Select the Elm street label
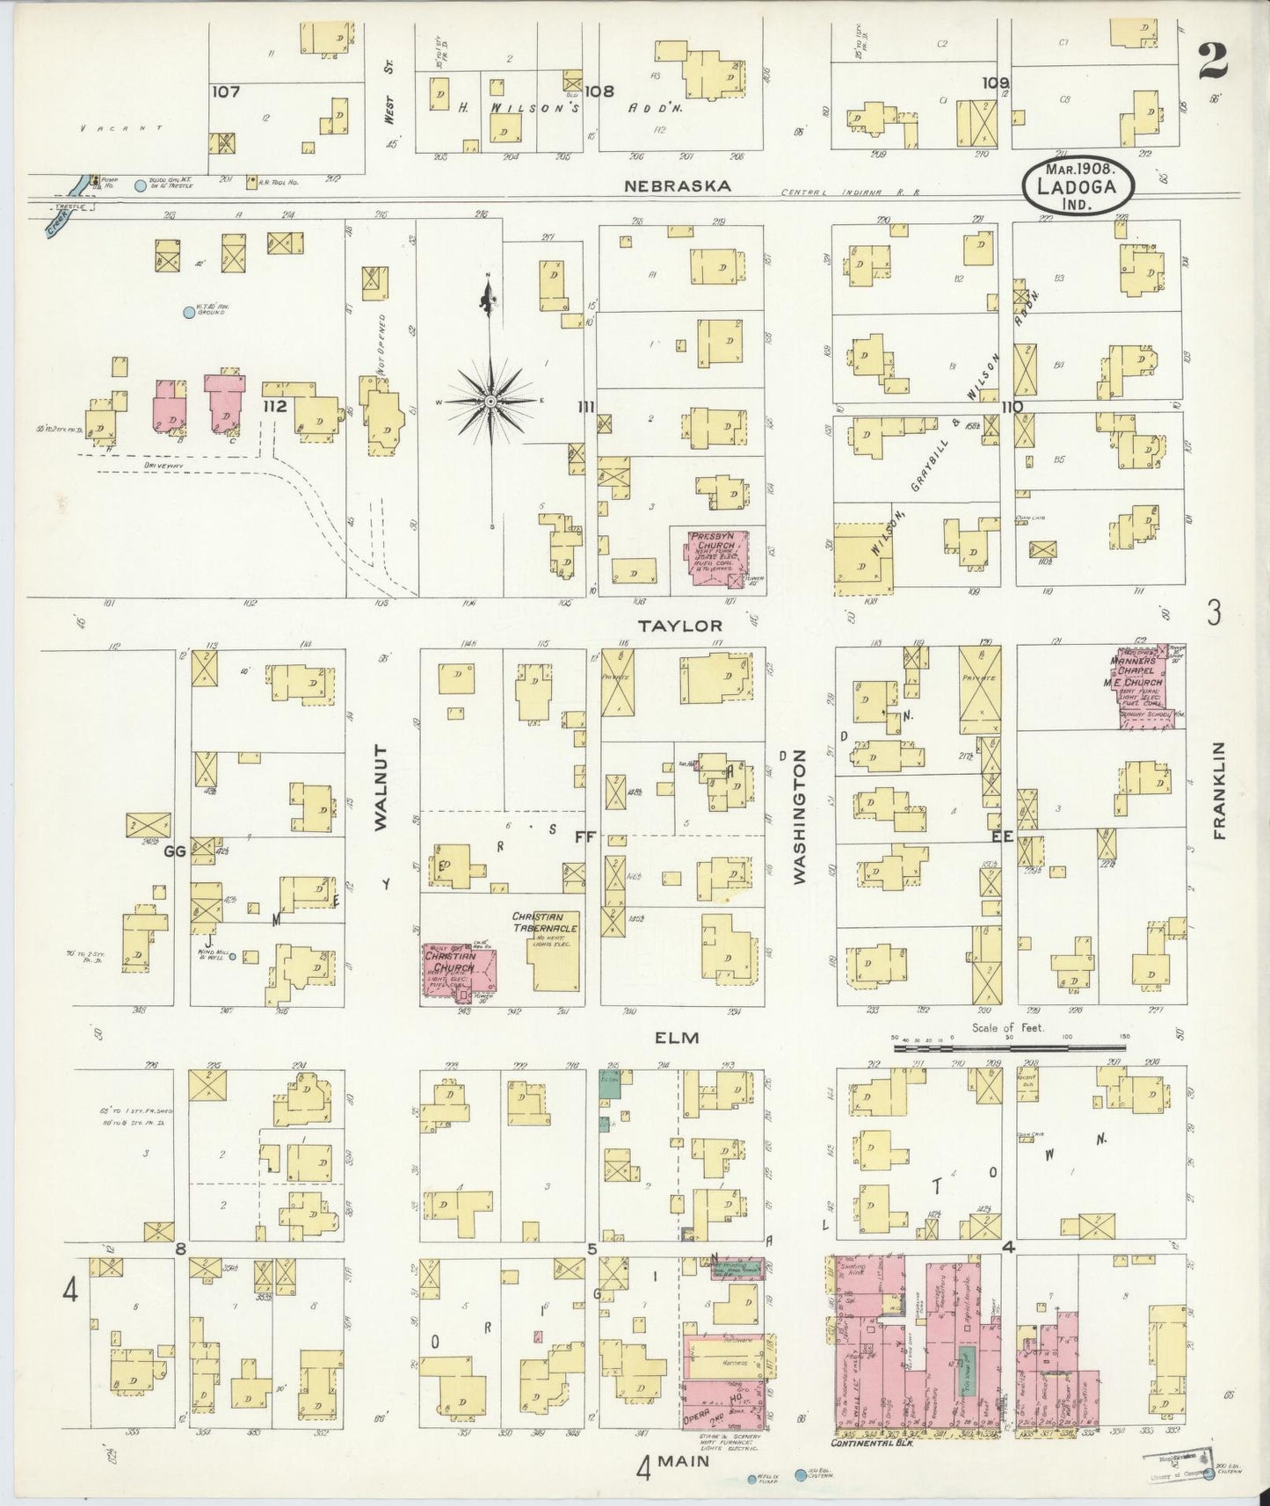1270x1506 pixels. pyautogui.click(x=677, y=1038)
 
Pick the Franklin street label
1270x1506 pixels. pyautogui.click(x=1219, y=790)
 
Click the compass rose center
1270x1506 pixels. pyautogui.click(x=490, y=402)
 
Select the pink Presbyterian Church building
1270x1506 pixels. pyautogui.click(x=714, y=556)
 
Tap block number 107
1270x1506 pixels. pyautogui.click(x=226, y=91)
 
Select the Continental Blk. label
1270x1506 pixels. pyautogui.click(x=870, y=1443)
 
